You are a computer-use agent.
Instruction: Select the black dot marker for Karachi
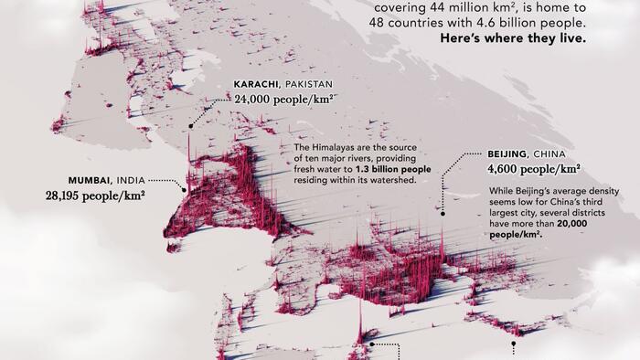191,126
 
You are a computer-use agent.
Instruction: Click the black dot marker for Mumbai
185,190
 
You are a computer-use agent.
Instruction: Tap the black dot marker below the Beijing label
442,213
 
